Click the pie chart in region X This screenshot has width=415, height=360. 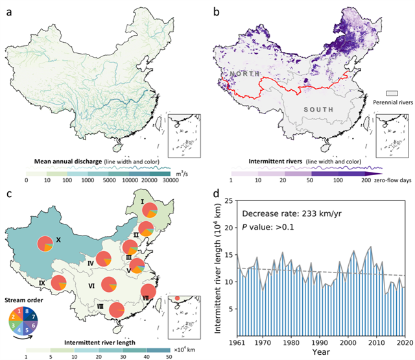[45, 244]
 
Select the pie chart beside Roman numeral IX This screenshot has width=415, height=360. [58, 283]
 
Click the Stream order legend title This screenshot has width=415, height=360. [22, 300]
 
